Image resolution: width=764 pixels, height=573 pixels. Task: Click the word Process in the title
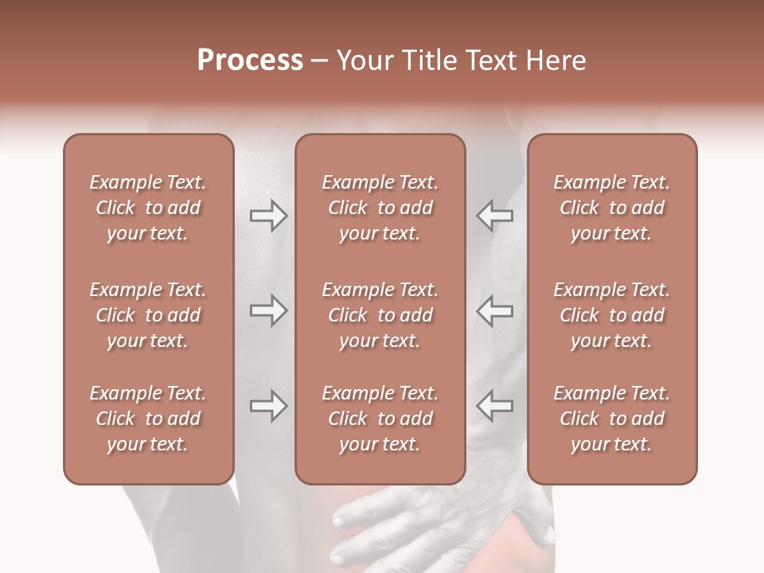click(x=250, y=60)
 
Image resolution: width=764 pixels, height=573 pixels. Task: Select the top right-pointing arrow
click(x=268, y=215)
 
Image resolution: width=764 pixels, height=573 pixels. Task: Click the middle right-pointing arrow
click(x=268, y=310)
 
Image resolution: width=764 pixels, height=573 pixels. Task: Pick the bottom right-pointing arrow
click(x=268, y=406)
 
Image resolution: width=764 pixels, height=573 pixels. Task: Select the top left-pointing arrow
click(x=495, y=215)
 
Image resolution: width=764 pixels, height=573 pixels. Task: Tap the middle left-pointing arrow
click(x=495, y=310)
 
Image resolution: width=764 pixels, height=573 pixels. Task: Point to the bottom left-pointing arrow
click(x=495, y=406)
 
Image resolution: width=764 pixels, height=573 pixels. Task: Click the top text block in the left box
click(x=148, y=208)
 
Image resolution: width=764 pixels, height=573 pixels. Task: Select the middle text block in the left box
click(x=148, y=315)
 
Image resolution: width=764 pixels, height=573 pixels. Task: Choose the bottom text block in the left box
click(x=148, y=419)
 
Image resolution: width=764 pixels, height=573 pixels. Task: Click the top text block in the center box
click(x=380, y=208)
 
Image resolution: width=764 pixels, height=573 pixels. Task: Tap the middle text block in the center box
click(x=380, y=315)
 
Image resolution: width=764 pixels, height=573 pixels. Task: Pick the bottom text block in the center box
click(x=380, y=419)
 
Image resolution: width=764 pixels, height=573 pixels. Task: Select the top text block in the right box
click(x=611, y=208)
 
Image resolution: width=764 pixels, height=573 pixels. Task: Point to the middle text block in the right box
click(x=611, y=315)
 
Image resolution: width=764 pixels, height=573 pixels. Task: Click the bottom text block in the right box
click(x=611, y=419)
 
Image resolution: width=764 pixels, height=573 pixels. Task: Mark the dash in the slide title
click(x=320, y=61)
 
